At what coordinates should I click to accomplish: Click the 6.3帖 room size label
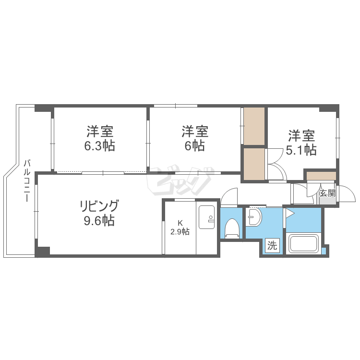(x=100, y=146)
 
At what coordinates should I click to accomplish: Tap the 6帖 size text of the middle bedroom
(x=195, y=145)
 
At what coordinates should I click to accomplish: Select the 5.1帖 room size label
(x=301, y=150)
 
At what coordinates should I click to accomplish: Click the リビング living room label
(x=99, y=206)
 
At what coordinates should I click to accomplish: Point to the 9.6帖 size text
(x=99, y=221)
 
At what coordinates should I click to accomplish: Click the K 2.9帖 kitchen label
(x=180, y=228)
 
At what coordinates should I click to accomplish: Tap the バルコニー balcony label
(x=27, y=181)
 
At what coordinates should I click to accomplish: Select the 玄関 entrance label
(x=327, y=193)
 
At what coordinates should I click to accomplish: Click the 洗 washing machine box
(x=273, y=246)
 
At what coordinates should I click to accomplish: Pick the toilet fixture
(x=232, y=228)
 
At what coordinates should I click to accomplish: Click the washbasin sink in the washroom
(x=254, y=217)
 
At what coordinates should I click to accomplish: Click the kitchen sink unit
(x=206, y=217)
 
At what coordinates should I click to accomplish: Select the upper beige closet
(x=254, y=126)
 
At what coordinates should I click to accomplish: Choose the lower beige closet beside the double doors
(x=254, y=164)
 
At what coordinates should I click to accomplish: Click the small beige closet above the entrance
(x=322, y=176)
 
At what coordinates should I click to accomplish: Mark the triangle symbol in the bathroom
(x=289, y=213)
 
